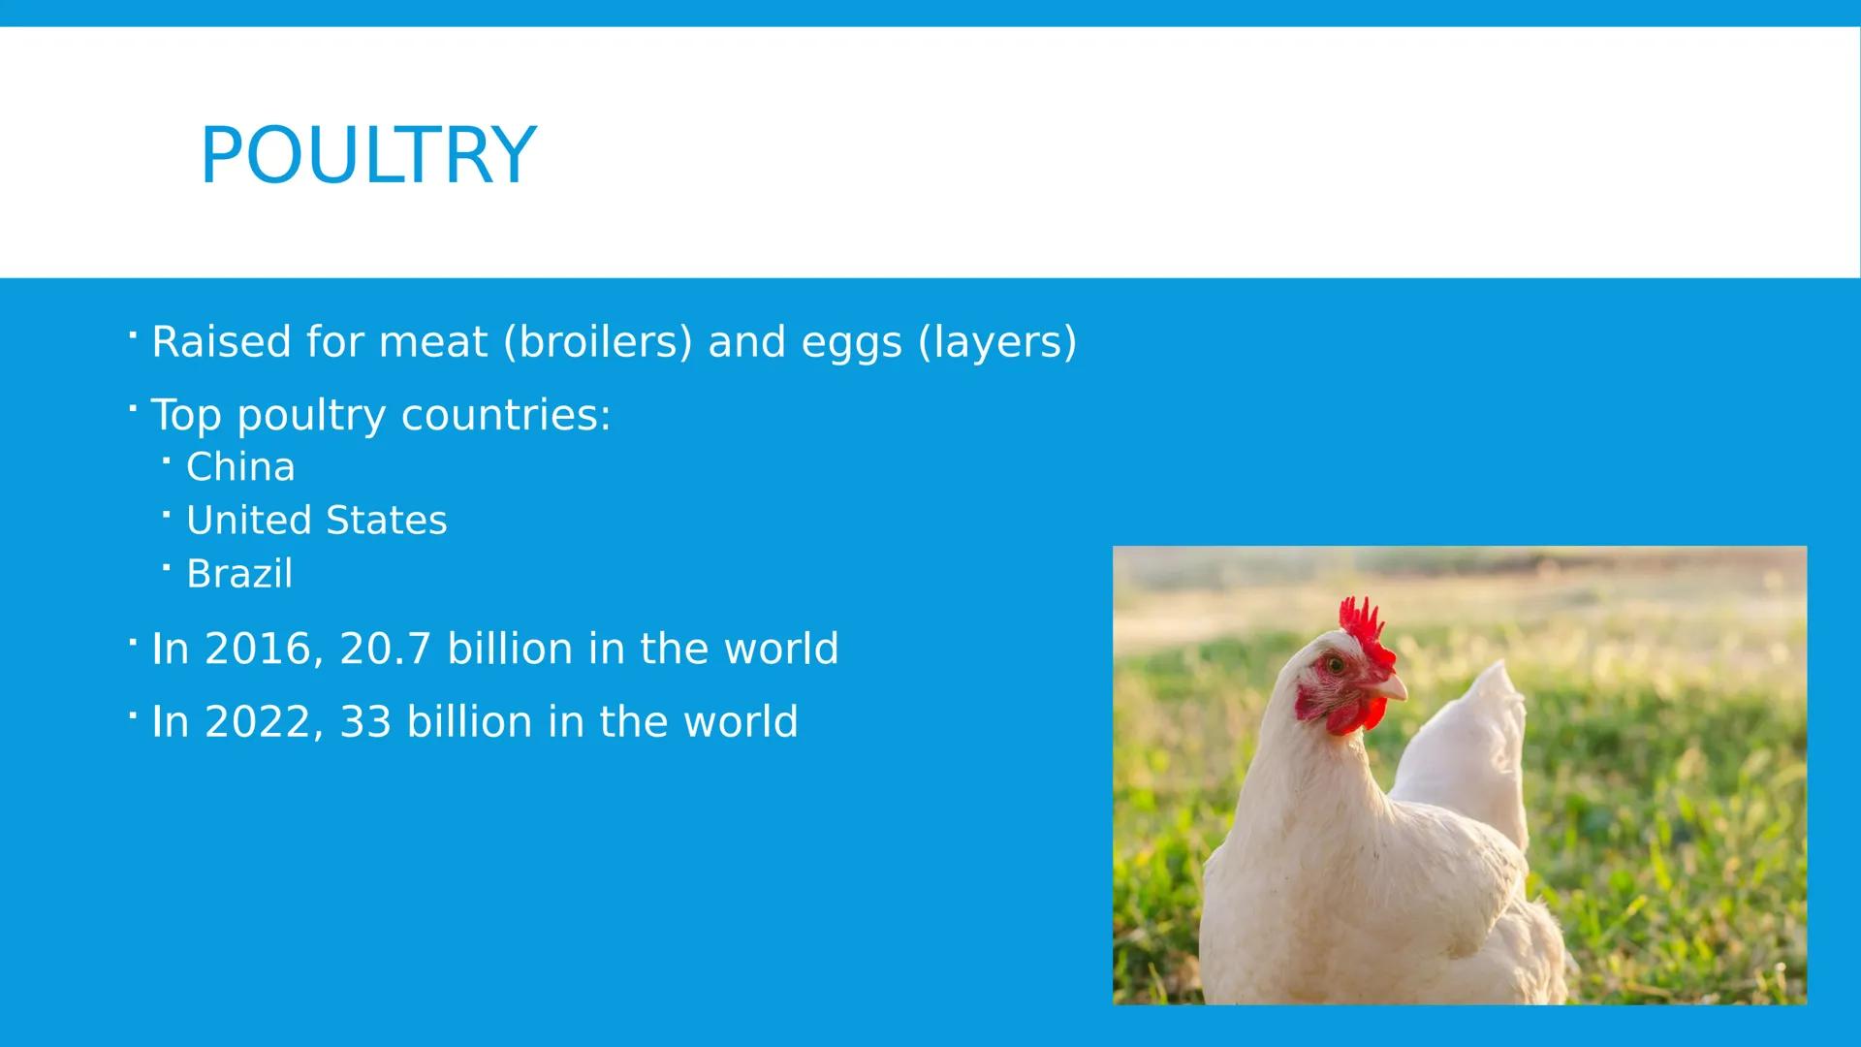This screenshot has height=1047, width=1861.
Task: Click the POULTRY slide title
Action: pyautogui.click(x=367, y=155)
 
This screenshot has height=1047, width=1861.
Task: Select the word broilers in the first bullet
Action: pyautogui.click(x=598, y=342)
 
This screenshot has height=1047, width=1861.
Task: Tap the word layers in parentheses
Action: pyautogui.click(x=997, y=342)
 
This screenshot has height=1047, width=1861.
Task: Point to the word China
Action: pyautogui.click(x=240, y=467)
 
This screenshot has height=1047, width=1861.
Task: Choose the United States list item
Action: pyautogui.click(x=316, y=521)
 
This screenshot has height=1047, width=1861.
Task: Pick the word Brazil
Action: pyautogui.click(x=238, y=574)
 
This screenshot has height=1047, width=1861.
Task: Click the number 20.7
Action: pyautogui.click(x=385, y=649)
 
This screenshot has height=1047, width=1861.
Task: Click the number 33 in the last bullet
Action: pyautogui.click(x=364, y=722)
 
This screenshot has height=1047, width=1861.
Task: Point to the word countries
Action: pyautogui.click(x=505, y=416)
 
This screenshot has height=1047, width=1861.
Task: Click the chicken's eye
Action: pyautogui.click(x=1336, y=665)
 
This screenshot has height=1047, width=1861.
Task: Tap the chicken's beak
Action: pyautogui.click(x=1392, y=688)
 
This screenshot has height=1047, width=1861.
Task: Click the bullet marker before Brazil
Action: pyautogui.click(x=167, y=566)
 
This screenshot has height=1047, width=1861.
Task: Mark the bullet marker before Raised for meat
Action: pyautogui.click(x=132, y=335)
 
